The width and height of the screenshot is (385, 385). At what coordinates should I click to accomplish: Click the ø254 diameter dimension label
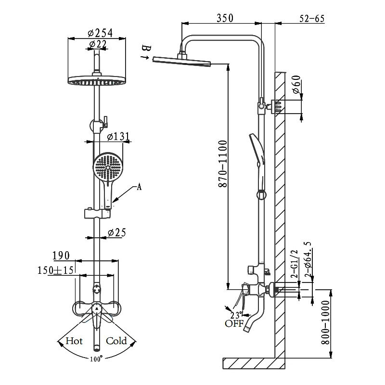[100, 33]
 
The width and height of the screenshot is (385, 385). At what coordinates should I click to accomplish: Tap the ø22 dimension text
[98, 44]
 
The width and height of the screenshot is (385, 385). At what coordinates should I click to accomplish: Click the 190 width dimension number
[61, 255]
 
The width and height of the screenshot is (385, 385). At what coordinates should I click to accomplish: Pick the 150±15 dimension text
[56, 270]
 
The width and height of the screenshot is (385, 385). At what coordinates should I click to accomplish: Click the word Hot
[74, 341]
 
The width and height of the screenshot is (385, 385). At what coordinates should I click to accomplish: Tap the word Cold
[116, 341]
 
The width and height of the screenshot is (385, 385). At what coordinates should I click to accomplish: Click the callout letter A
[139, 188]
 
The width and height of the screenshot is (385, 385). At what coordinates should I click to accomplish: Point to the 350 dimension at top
[225, 18]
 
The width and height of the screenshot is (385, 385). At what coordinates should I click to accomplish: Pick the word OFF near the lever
[234, 323]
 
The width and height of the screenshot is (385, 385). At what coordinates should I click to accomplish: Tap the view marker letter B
[147, 48]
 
